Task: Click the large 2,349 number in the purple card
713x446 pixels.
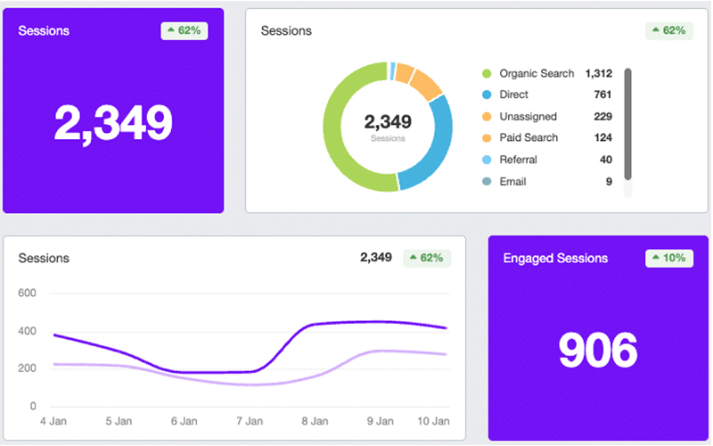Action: [x=113, y=122]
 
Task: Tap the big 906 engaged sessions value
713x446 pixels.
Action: [x=598, y=351]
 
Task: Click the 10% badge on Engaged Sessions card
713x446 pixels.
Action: [x=668, y=258]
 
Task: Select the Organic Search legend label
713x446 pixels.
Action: [x=536, y=73]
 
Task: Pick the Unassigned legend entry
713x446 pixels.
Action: [x=528, y=117]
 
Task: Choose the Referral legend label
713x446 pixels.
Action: [x=518, y=160]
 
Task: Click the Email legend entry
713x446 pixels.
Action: [x=512, y=182]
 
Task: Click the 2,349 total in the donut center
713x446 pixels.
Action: [x=388, y=121]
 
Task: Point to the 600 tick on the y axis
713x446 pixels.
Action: [x=27, y=293]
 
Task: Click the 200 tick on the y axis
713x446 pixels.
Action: [x=27, y=368]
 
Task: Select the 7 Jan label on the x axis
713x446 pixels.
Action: [x=250, y=421]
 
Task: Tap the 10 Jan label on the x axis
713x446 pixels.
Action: [x=434, y=421]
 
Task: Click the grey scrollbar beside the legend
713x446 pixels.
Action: [x=627, y=125]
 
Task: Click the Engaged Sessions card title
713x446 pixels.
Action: [x=555, y=259]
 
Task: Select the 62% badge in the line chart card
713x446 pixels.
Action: [x=427, y=258]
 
